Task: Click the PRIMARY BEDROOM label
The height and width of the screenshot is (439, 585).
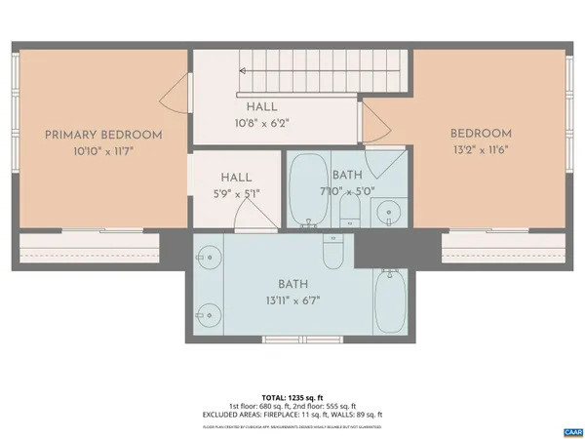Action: (x=103, y=136)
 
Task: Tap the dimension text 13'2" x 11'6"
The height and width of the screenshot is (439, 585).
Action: (x=480, y=150)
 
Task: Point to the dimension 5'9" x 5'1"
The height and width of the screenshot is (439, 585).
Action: (x=236, y=193)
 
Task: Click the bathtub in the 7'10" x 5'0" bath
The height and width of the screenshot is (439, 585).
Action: (x=309, y=188)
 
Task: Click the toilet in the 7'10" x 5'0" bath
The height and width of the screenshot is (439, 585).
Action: (x=353, y=207)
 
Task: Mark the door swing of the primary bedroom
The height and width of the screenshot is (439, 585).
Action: (x=173, y=96)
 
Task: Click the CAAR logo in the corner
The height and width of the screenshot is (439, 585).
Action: (x=572, y=430)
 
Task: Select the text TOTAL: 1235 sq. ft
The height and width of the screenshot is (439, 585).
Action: (x=292, y=397)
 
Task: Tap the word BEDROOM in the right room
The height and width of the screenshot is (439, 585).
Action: (x=480, y=134)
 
